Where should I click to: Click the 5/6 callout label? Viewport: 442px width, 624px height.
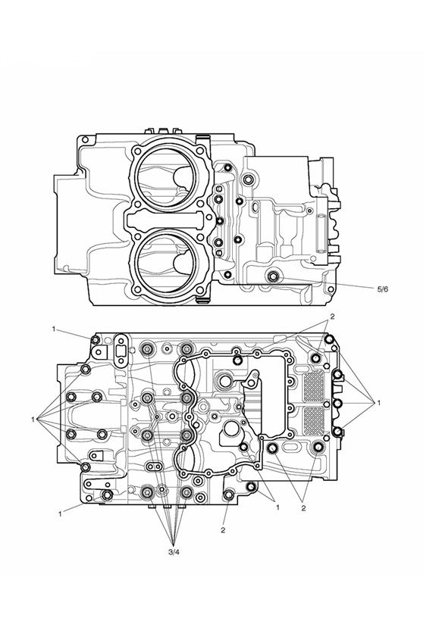[x=383, y=289]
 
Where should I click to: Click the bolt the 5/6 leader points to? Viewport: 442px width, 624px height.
[x=273, y=276]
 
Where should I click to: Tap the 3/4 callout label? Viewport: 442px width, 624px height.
[x=174, y=552]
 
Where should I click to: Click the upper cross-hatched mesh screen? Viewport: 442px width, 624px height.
[x=314, y=386]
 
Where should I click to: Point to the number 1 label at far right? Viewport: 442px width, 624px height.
[x=378, y=403]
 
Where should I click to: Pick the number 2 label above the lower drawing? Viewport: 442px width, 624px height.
[x=331, y=317]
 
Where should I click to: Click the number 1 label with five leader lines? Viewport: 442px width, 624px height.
[x=33, y=419]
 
